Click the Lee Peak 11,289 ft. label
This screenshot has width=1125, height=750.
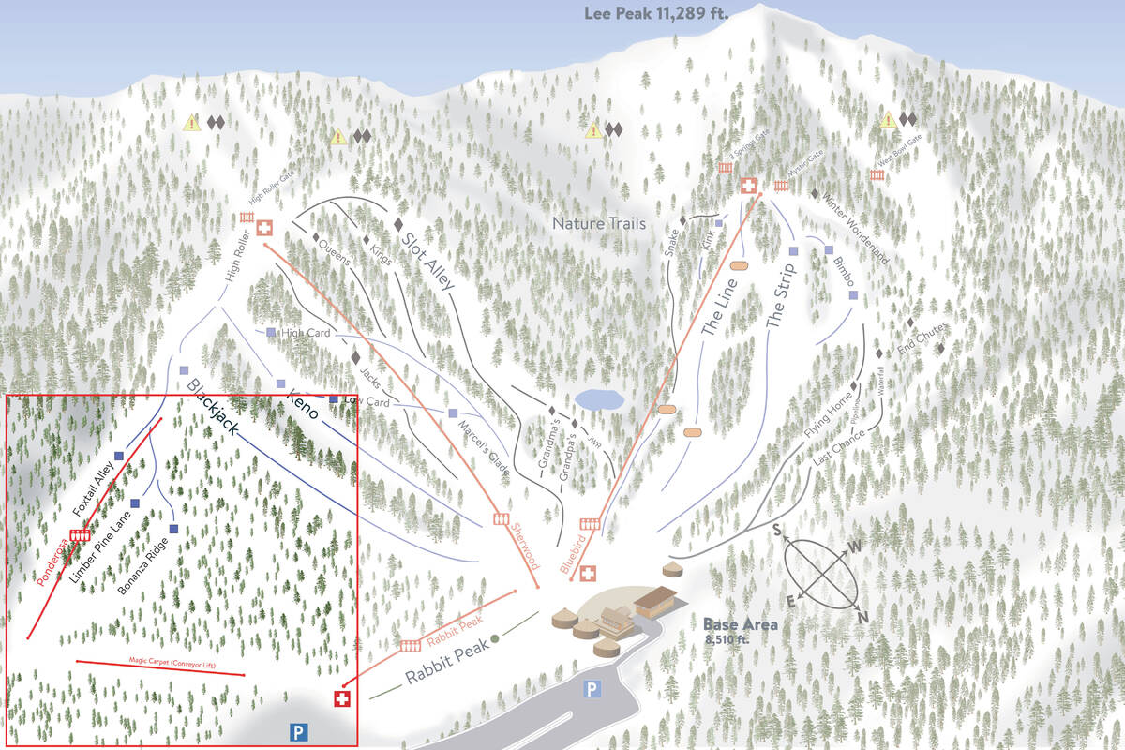point(655,14)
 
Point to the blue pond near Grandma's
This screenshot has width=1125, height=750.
point(599,399)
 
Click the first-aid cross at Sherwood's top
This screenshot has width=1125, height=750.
point(264,227)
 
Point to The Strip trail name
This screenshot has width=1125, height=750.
point(784,300)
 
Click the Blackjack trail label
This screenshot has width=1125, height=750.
point(212,406)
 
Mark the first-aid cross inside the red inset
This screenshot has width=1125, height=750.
point(342,699)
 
